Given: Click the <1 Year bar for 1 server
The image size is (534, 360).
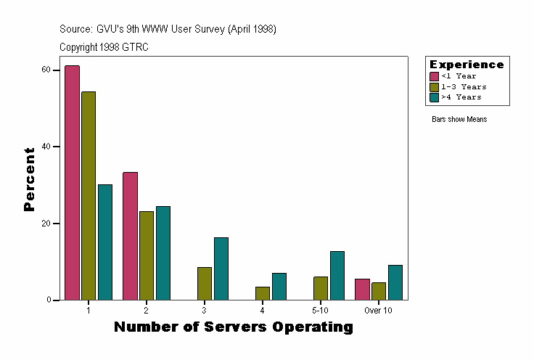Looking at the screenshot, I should [72, 183].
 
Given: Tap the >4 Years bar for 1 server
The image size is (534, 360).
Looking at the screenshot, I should [105, 242].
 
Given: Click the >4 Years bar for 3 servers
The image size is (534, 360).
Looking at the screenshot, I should [221, 269].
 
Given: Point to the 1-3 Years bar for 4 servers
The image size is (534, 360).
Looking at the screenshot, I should [263, 293].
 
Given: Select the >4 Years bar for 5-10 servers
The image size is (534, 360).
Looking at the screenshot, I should [337, 276].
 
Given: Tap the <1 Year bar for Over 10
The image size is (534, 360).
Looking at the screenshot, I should [362, 290].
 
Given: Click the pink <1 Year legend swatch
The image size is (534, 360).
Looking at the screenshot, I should [435, 76].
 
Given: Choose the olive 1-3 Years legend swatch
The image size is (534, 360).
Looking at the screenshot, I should [435, 86].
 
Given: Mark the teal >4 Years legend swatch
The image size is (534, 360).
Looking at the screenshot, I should [435, 97].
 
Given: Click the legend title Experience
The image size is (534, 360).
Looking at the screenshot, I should [467, 65].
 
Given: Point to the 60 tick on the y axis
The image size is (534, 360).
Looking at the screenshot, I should [45, 70].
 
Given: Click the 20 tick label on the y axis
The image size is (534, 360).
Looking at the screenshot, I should [45, 224].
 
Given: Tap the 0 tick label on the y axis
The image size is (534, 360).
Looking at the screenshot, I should [47, 300].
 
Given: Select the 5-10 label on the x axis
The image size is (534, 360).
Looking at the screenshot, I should [320, 311].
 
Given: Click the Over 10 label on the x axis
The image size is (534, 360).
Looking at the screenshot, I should [378, 311].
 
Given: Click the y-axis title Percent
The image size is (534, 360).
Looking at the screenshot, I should [29, 179].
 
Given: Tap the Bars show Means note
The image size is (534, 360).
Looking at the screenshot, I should [459, 120].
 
